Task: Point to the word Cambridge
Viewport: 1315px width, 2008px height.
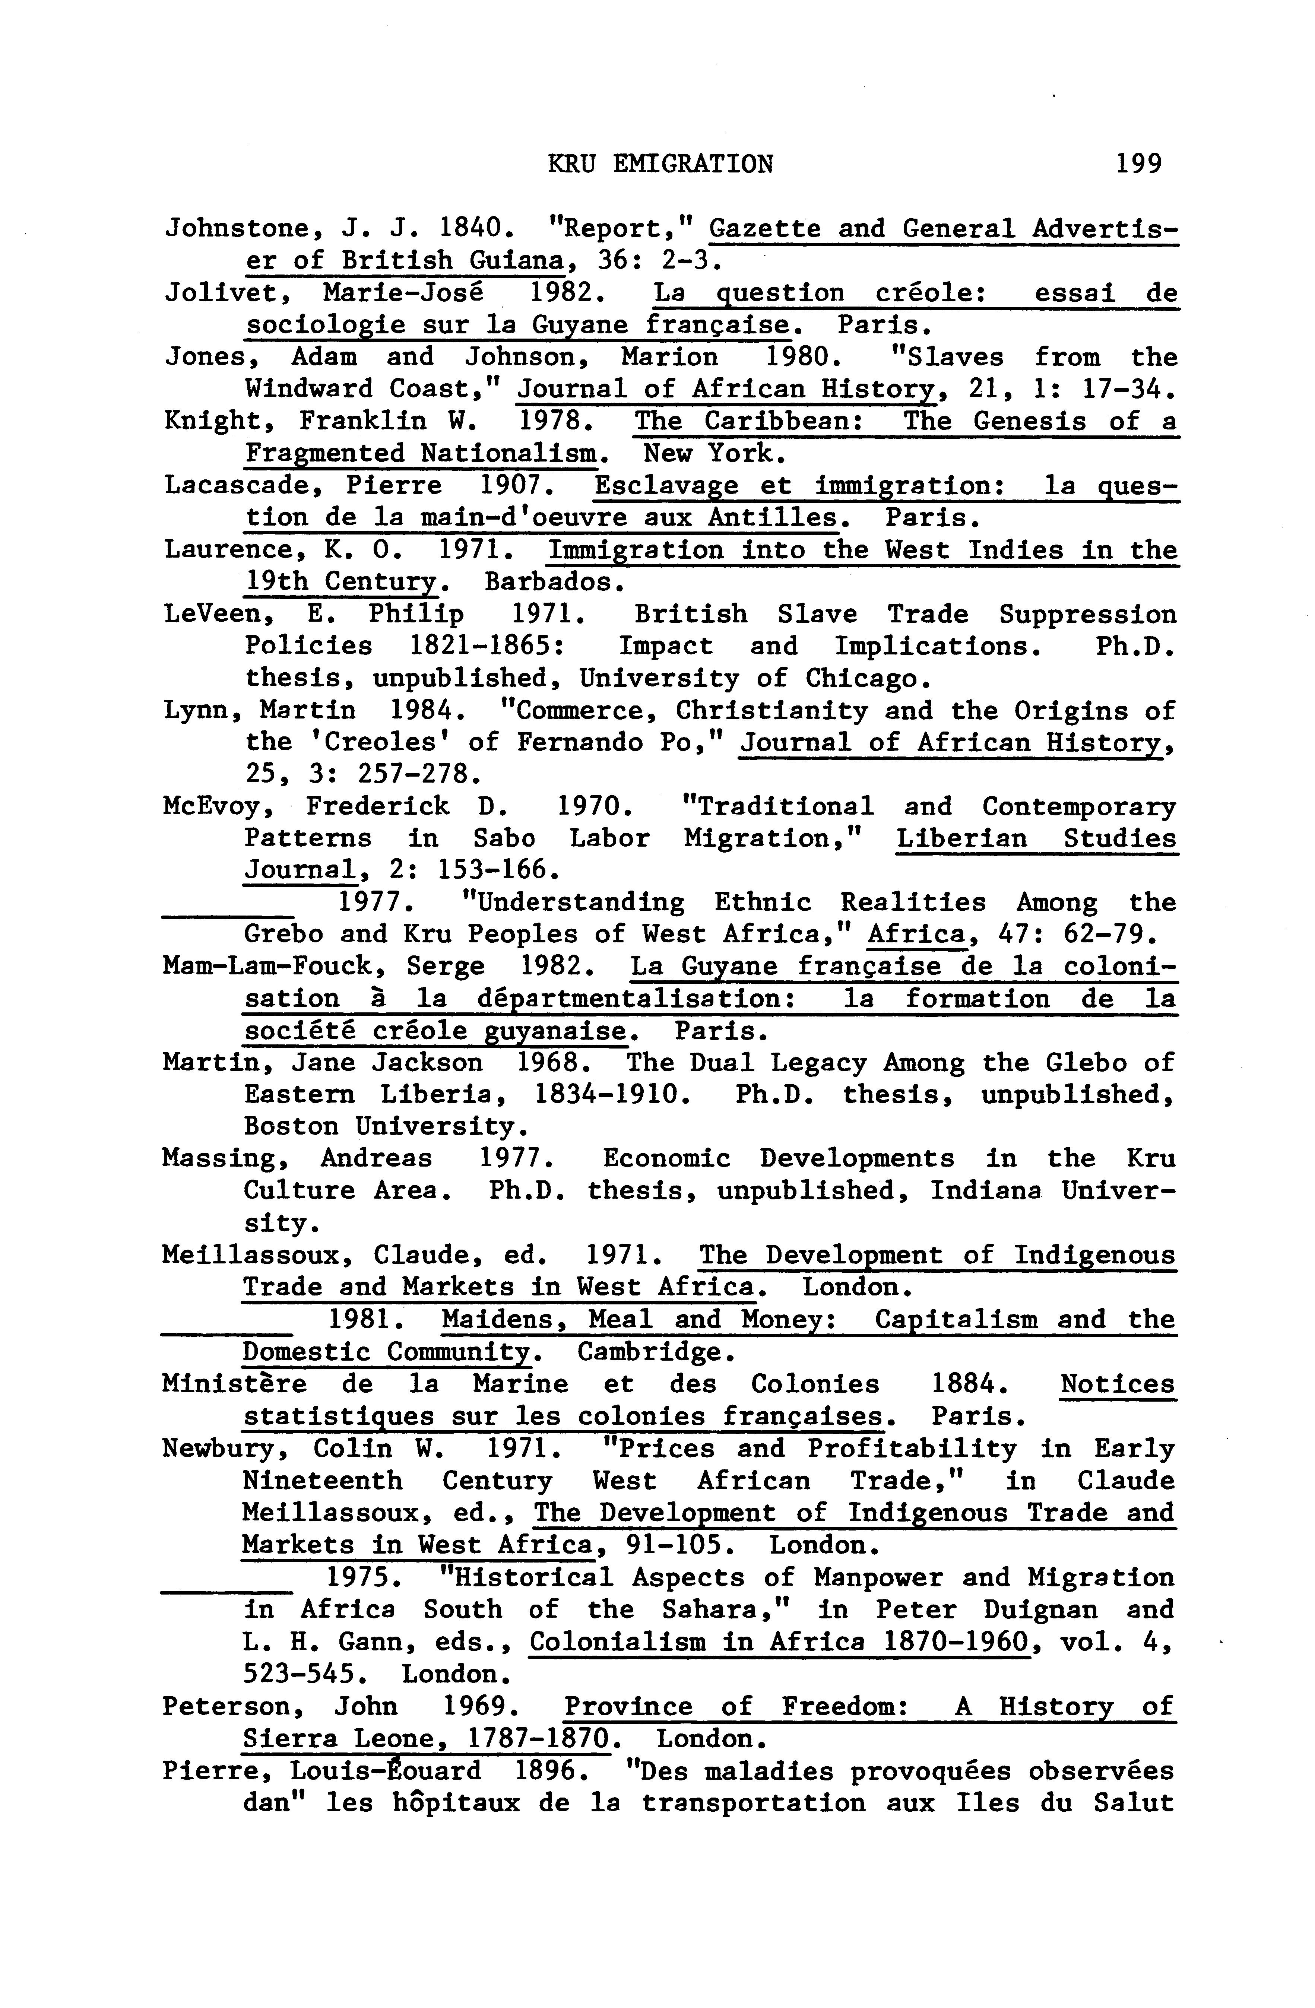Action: (649, 1352)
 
